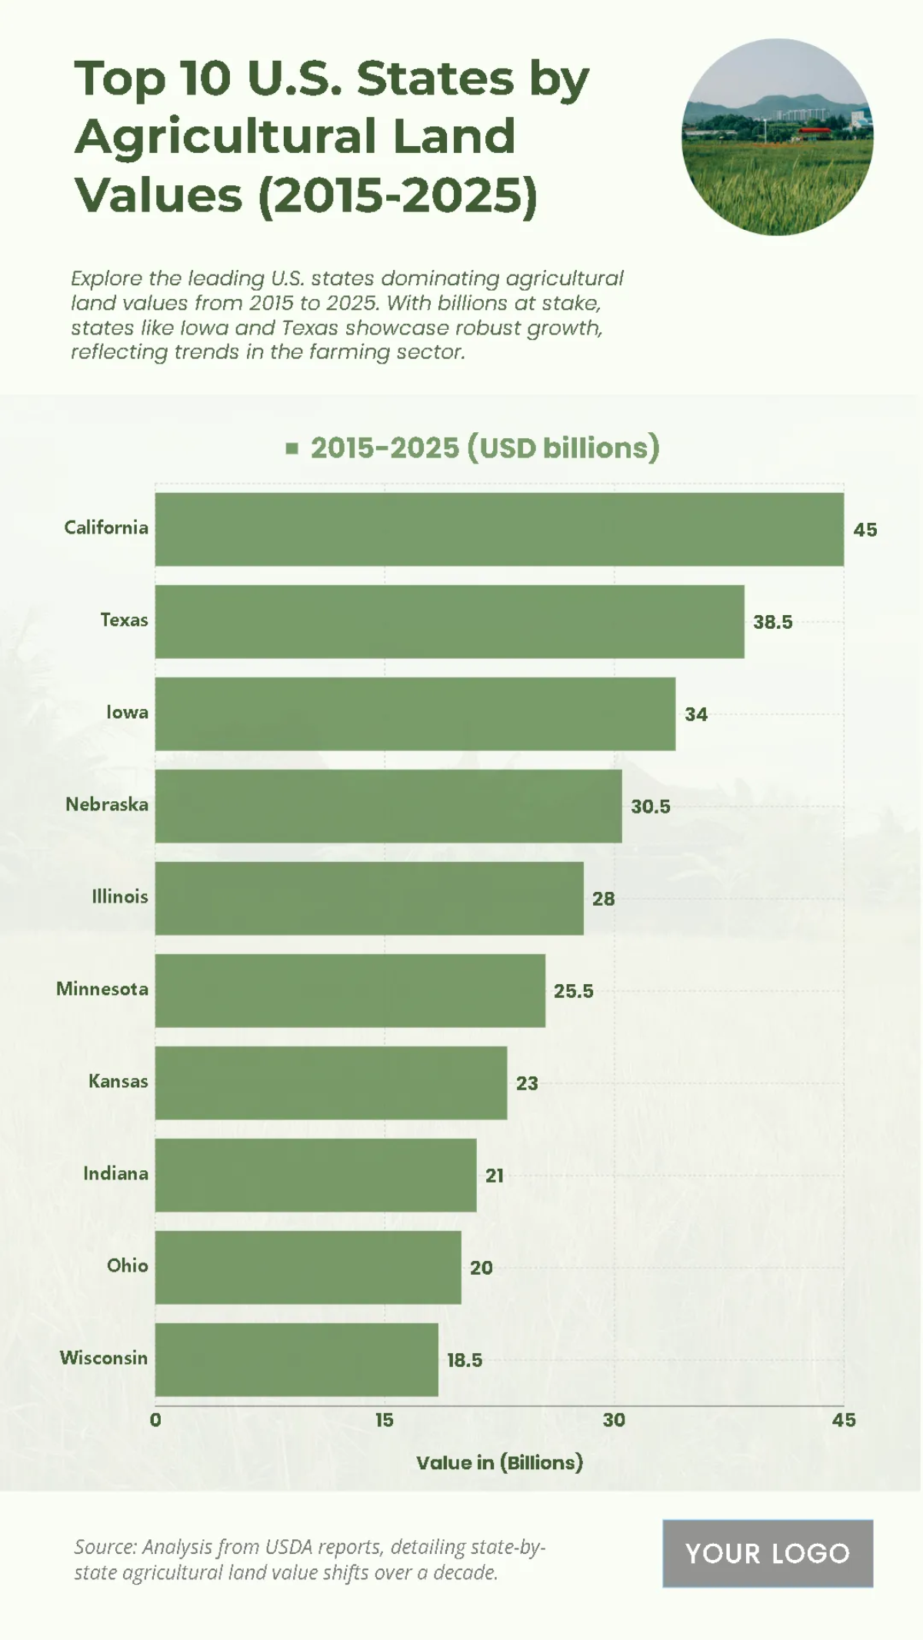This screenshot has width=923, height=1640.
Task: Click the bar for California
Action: (x=499, y=529)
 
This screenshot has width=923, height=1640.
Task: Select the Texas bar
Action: (x=449, y=621)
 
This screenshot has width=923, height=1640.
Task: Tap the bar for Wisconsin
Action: (x=296, y=1359)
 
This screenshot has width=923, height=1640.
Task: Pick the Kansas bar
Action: (x=331, y=1083)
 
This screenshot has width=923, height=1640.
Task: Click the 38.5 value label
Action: (x=772, y=622)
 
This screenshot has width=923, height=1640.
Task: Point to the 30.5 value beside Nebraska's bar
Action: (x=651, y=807)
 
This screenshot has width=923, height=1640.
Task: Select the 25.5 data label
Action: (x=574, y=991)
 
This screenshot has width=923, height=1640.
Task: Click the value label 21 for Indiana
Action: (x=495, y=1176)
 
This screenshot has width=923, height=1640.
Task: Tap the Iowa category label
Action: (x=127, y=712)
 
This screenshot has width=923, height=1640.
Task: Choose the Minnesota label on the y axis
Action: (x=102, y=989)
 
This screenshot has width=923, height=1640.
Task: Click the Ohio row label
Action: (x=128, y=1266)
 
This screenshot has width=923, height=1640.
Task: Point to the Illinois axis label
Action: (x=120, y=897)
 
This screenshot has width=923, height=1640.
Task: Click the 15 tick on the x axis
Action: (x=385, y=1420)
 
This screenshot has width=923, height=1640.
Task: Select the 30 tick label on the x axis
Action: (x=614, y=1420)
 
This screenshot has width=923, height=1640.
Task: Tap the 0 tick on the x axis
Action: (x=155, y=1420)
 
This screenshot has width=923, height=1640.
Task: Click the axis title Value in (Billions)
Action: (x=499, y=1462)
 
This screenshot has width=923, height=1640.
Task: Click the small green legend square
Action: (x=292, y=448)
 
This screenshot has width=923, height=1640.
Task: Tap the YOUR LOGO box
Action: (x=768, y=1553)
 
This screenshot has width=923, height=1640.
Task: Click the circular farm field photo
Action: (x=777, y=137)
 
